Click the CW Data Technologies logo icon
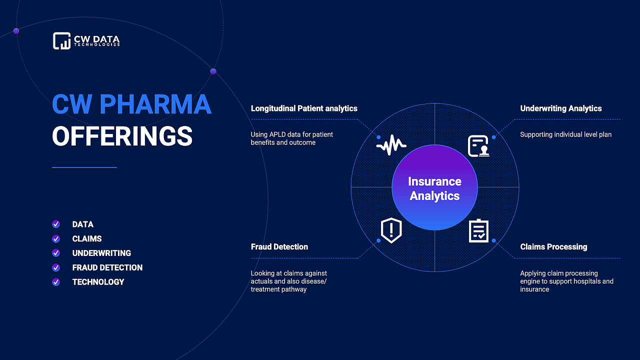tap(61, 40)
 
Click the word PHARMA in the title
tap(155, 104)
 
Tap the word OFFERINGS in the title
tap(122, 136)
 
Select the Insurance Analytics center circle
tap(434, 187)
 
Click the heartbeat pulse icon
tap(391, 145)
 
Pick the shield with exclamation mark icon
tap(391, 230)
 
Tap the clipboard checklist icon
tap(478, 231)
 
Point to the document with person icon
tap(478, 146)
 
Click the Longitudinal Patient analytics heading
tap(304, 108)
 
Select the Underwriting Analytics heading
tap(561, 108)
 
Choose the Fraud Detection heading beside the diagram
tap(279, 247)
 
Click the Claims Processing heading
tap(553, 247)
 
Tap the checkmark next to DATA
tap(56, 224)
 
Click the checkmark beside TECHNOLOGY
tap(56, 282)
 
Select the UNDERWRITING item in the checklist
tap(101, 253)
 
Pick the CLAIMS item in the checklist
tap(87, 239)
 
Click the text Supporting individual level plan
tap(565, 134)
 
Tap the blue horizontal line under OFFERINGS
tap(84, 167)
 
